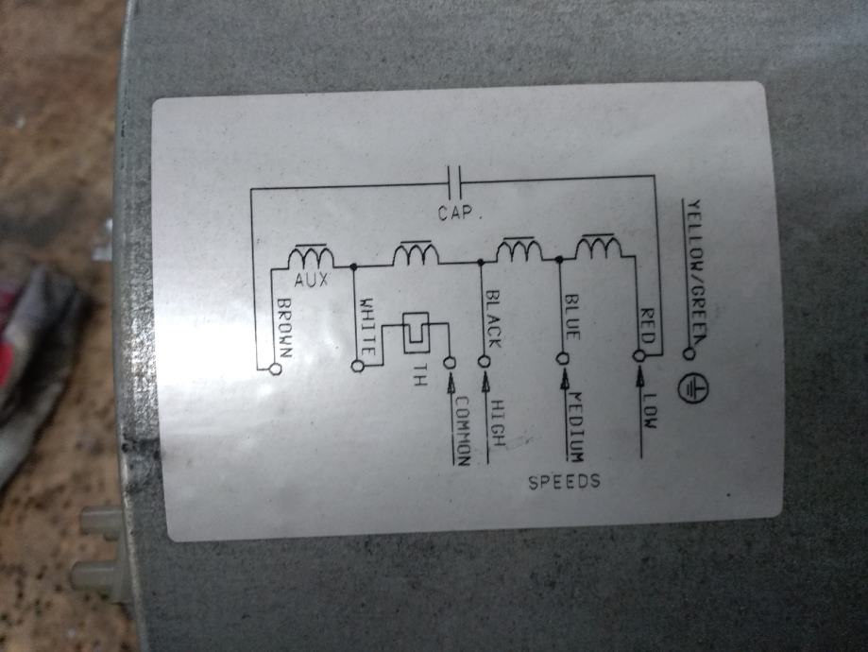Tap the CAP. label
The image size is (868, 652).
460,214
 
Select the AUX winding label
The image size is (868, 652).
311,281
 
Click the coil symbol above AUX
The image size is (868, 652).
311,257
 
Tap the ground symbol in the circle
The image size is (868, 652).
695,386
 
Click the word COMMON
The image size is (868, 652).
461,428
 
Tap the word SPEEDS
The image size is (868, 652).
564,482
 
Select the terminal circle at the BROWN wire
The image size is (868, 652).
276,369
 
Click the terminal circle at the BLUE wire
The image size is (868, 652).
562,359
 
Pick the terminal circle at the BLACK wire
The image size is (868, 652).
486,361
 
